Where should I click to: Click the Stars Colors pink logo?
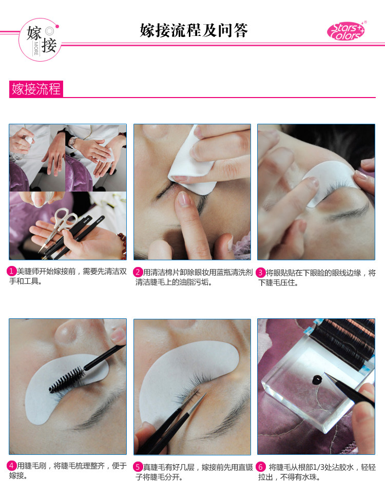346,31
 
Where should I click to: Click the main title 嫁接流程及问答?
194,30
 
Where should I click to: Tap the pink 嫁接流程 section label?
36,89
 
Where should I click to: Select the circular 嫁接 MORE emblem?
39,40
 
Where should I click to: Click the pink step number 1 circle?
11,271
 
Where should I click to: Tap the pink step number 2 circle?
138,272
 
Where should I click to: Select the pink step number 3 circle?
260,273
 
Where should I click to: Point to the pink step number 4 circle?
11,466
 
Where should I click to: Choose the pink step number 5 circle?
138,467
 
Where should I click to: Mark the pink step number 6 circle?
260,467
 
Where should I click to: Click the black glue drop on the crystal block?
317,379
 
